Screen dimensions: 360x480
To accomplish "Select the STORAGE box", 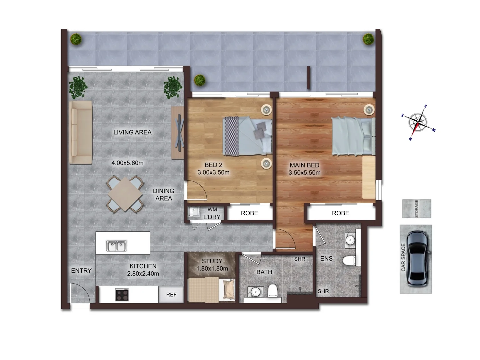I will [416, 209].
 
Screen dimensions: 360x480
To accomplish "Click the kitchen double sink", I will [116, 246].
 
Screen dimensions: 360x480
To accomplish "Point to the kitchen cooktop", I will [122, 294].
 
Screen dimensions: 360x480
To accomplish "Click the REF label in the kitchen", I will [171, 295].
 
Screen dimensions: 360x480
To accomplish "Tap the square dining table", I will [125, 194].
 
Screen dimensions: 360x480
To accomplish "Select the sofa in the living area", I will [80, 132].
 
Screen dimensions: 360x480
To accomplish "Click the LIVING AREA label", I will [132, 132].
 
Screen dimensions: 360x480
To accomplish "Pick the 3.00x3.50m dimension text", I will [213, 172].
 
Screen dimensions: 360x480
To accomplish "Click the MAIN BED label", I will [304, 165].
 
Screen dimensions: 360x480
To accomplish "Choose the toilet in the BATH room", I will [272, 290].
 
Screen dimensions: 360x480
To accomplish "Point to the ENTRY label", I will [81, 271].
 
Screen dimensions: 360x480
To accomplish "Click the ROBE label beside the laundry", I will [249, 213].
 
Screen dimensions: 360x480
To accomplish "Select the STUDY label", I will [212, 261].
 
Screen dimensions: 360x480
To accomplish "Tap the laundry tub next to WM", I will [193, 212].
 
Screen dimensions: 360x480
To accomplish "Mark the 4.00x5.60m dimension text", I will [127, 163].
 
